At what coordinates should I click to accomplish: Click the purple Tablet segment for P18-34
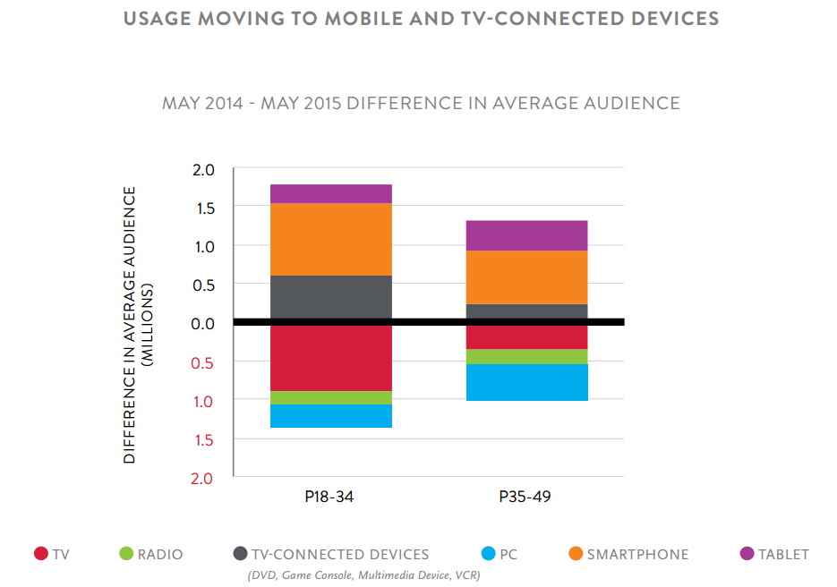click(x=330, y=193)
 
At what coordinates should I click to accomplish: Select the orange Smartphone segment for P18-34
click(x=330, y=239)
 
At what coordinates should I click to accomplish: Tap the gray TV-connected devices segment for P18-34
click(x=330, y=297)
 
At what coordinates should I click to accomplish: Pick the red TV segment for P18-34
click(x=330, y=358)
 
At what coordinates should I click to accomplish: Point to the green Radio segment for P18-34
click(x=330, y=397)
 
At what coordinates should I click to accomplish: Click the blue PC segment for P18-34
click(x=330, y=415)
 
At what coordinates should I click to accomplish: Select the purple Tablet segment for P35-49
click(x=526, y=235)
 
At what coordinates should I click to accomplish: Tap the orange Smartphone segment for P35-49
click(x=526, y=277)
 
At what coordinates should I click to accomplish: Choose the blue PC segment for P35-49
click(x=526, y=382)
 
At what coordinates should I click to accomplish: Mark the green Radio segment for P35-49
click(x=526, y=356)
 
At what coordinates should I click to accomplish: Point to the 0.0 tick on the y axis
click(x=204, y=323)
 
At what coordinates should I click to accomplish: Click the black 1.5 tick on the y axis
click(x=204, y=208)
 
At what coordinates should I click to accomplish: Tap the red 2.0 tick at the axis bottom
click(x=204, y=478)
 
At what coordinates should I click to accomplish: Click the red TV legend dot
click(x=40, y=554)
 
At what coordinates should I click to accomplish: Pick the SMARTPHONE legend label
click(x=637, y=554)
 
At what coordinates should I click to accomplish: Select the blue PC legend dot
click(x=487, y=554)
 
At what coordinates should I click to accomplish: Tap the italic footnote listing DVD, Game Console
click(x=363, y=575)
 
